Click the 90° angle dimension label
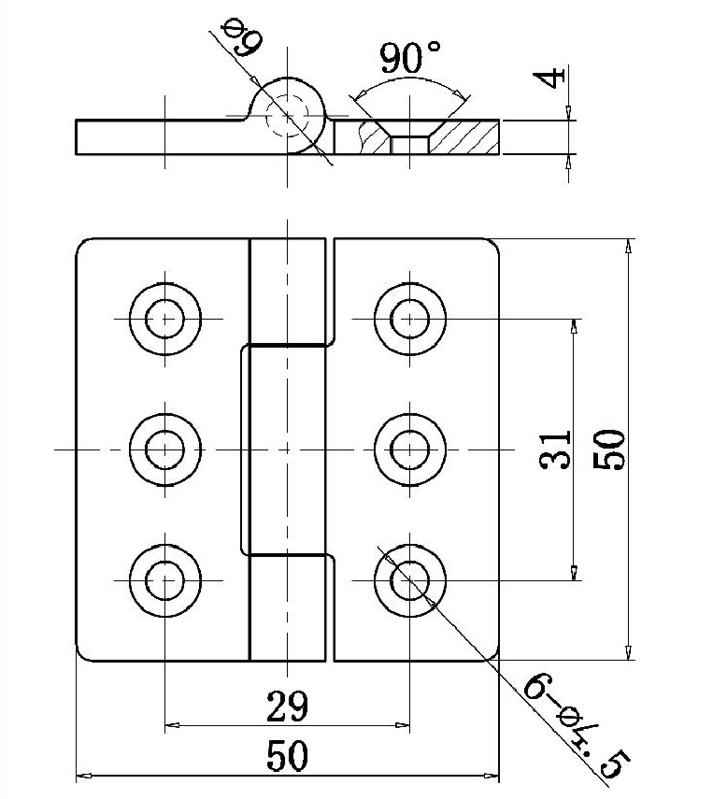(410, 60)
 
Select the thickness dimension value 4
(555, 75)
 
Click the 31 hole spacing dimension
(555, 449)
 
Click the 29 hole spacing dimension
(286, 706)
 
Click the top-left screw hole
(166, 319)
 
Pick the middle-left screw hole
(166, 449)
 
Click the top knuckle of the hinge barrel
(288, 290)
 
